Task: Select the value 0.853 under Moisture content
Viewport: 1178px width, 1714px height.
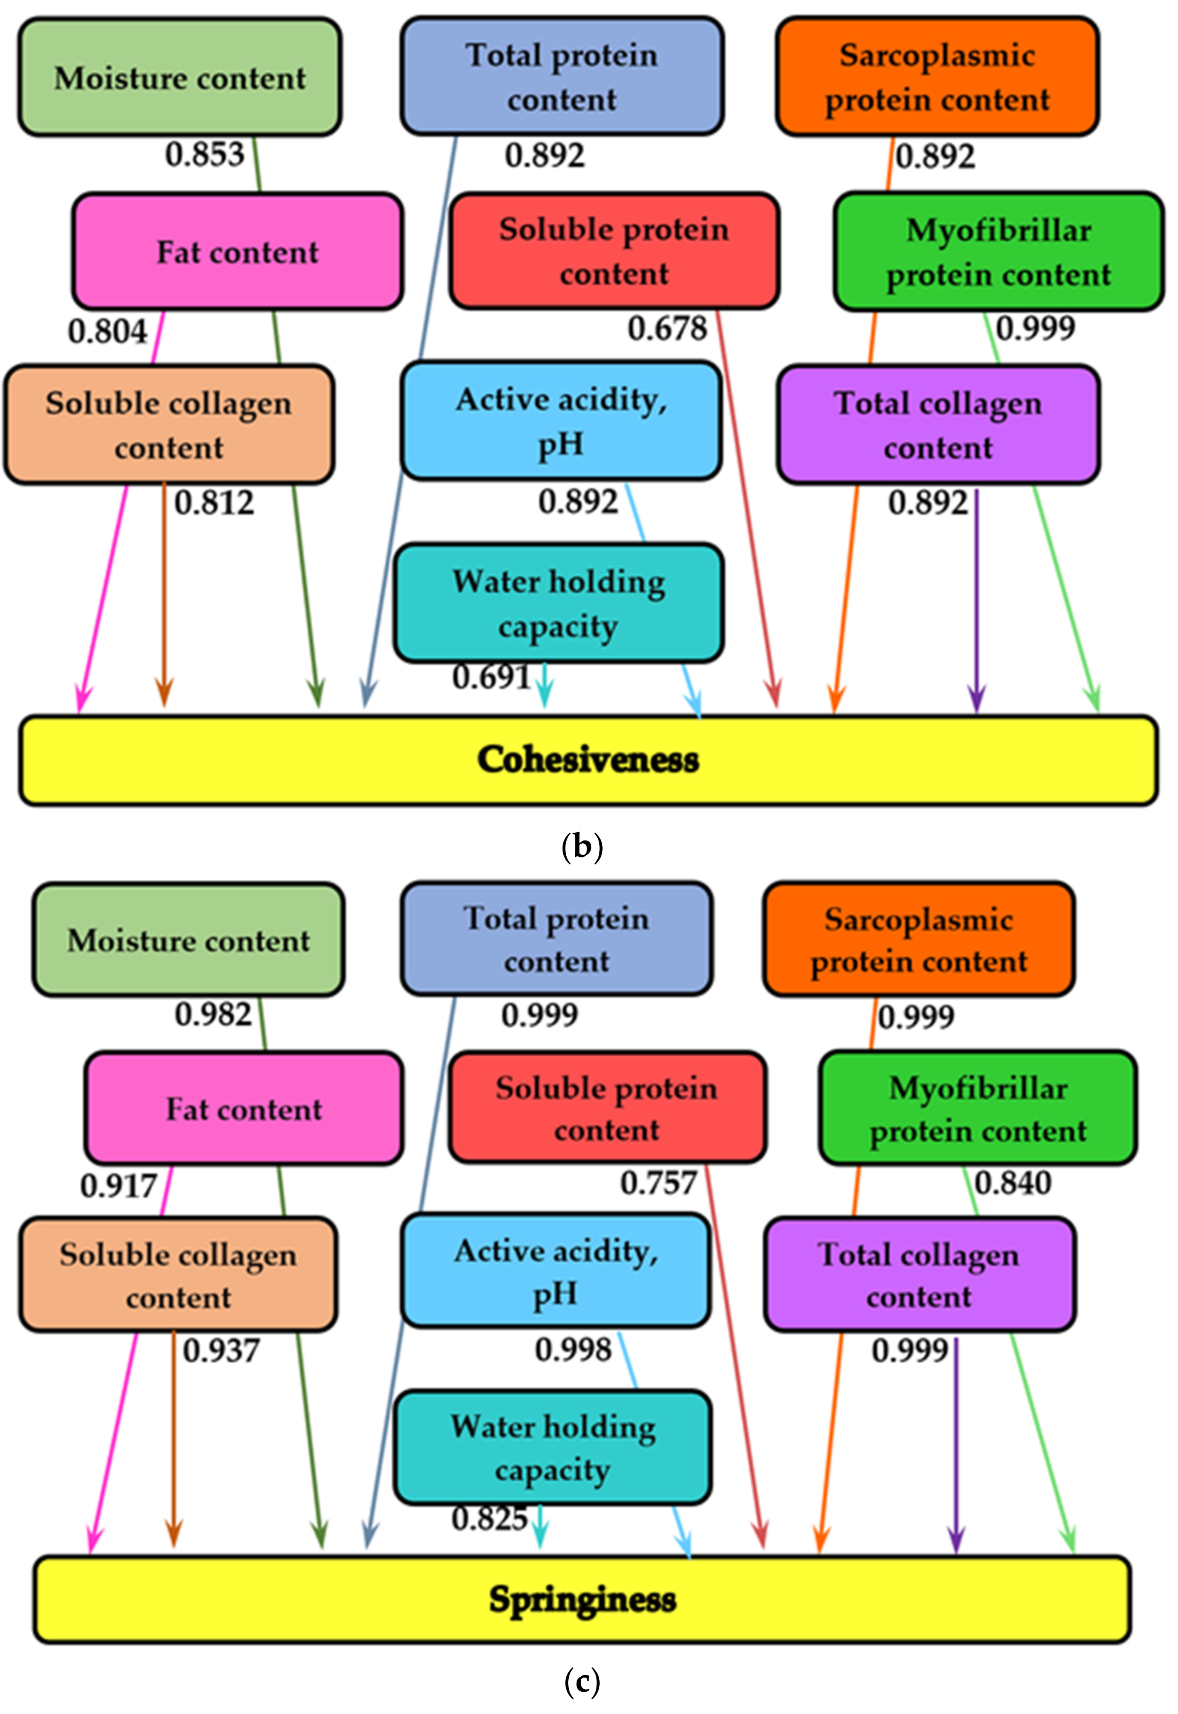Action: tap(204, 155)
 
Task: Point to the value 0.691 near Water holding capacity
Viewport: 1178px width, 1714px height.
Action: tap(491, 677)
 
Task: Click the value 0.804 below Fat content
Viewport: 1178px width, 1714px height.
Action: tap(108, 331)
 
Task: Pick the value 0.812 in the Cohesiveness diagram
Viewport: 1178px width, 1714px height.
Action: tap(214, 503)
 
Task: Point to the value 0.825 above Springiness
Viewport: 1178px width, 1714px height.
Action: tap(489, 1518)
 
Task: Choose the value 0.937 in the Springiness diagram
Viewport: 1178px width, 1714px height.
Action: tap(221, 1351)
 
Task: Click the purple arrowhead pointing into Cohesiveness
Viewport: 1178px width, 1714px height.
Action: tap(977, 698)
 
